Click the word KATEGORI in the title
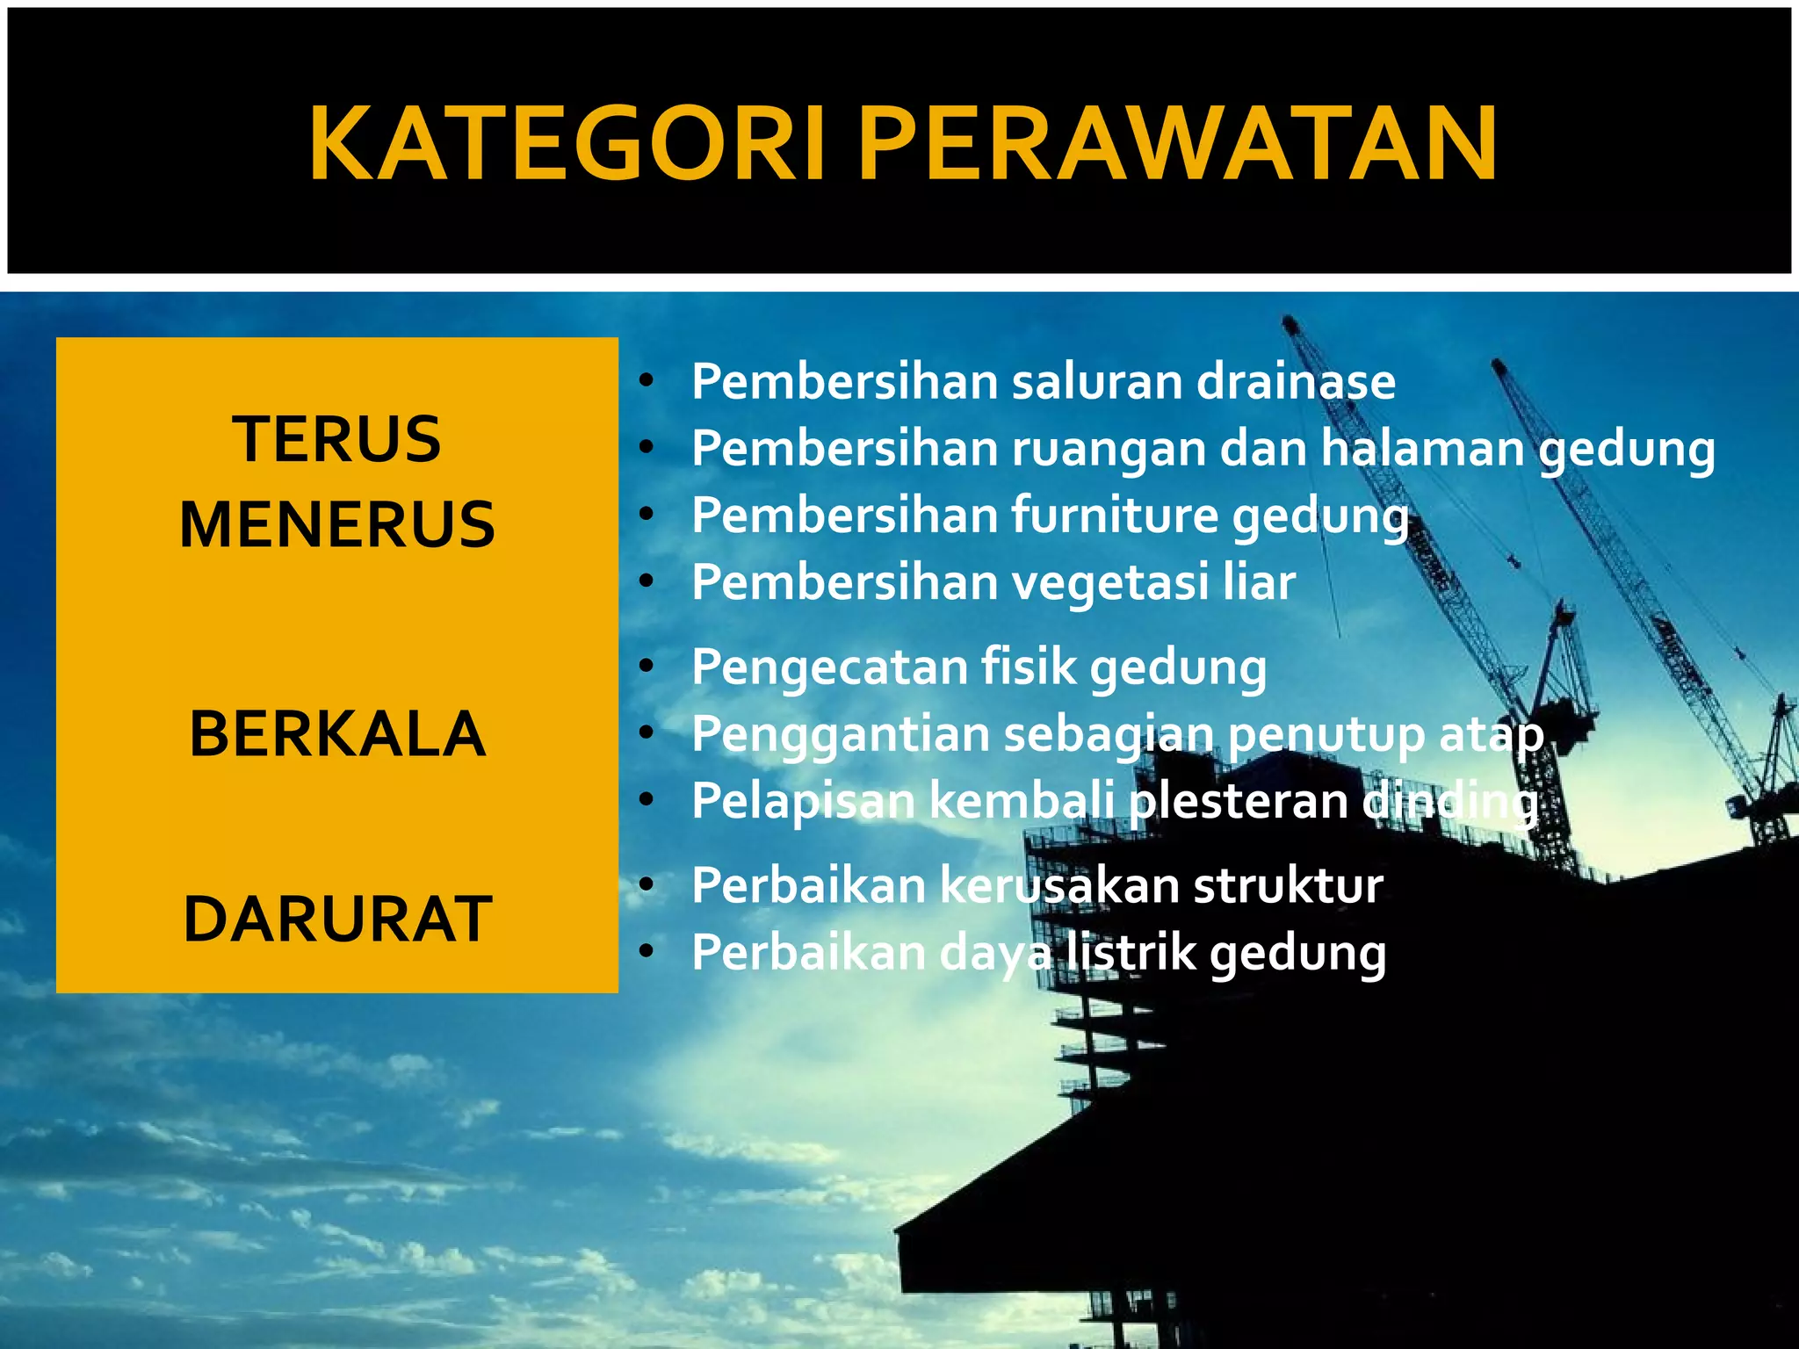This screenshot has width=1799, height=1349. coord(567,143)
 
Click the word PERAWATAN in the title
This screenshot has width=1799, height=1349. coord(1177,143)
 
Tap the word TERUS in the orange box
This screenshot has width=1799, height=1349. coord(336,439)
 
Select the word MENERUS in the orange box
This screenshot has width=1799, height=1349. coord(337,524)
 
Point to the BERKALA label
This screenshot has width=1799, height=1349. coord(337,734)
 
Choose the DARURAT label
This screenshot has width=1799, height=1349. coord(337,920)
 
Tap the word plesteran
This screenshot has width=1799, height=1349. coord(1239,801)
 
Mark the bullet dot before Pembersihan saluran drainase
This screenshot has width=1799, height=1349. coord(647,383)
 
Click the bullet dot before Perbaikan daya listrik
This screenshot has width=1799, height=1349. coord(647,953)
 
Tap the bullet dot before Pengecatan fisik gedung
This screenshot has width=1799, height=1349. coord(647,667)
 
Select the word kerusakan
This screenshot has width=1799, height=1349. coord(1059,885)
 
